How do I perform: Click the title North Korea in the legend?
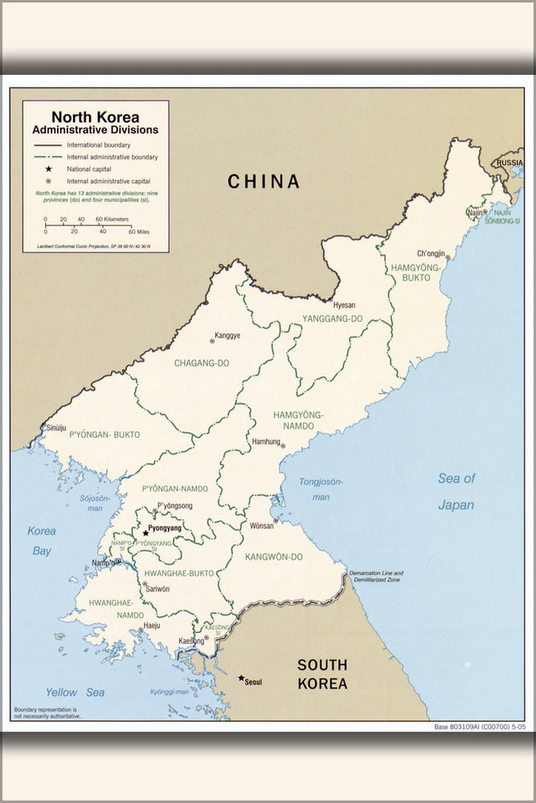pos(95,116)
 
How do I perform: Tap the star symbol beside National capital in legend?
pos(49,169)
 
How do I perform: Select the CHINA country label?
pos(264,181)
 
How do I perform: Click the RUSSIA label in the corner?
pos(509,162)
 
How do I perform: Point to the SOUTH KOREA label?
pos(322,675)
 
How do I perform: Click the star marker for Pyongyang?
pos(145,532)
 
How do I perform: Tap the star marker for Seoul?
pos(241,679)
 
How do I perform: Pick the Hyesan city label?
pos(344,305)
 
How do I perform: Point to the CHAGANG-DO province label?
pos(202,363)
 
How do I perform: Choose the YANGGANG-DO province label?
pos(332,319)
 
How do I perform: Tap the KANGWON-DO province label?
pos(275,556)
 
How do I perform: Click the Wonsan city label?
pos(262,525)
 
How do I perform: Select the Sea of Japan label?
pos(456,491)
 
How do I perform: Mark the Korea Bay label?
pos(42,540)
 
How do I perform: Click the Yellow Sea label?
pos(75,691)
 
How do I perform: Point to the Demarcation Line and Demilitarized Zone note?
pos(376,576)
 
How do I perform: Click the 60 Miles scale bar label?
pos(138,231)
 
